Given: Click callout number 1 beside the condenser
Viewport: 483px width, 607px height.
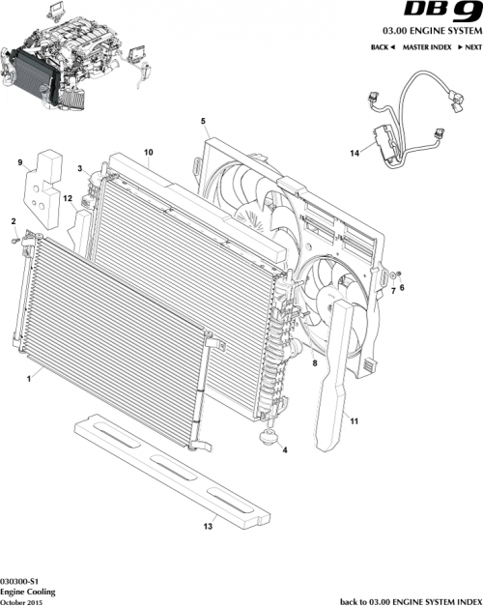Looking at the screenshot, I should (x=29, y=381).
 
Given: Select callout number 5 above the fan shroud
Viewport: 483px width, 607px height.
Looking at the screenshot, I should (x=203, y=122).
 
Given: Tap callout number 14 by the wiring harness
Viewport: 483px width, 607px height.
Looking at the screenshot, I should (x=354, y=153).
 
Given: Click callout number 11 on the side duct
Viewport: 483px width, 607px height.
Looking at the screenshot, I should (x=354, y=421).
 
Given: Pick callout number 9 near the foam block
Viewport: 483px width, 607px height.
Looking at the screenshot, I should (x=19, y=163).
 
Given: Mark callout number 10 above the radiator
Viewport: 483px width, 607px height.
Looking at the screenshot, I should (x=149, y=152).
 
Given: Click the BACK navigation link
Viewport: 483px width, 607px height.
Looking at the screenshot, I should (x=383, y=46).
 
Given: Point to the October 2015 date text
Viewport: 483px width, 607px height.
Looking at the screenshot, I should (x=23, y=601).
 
